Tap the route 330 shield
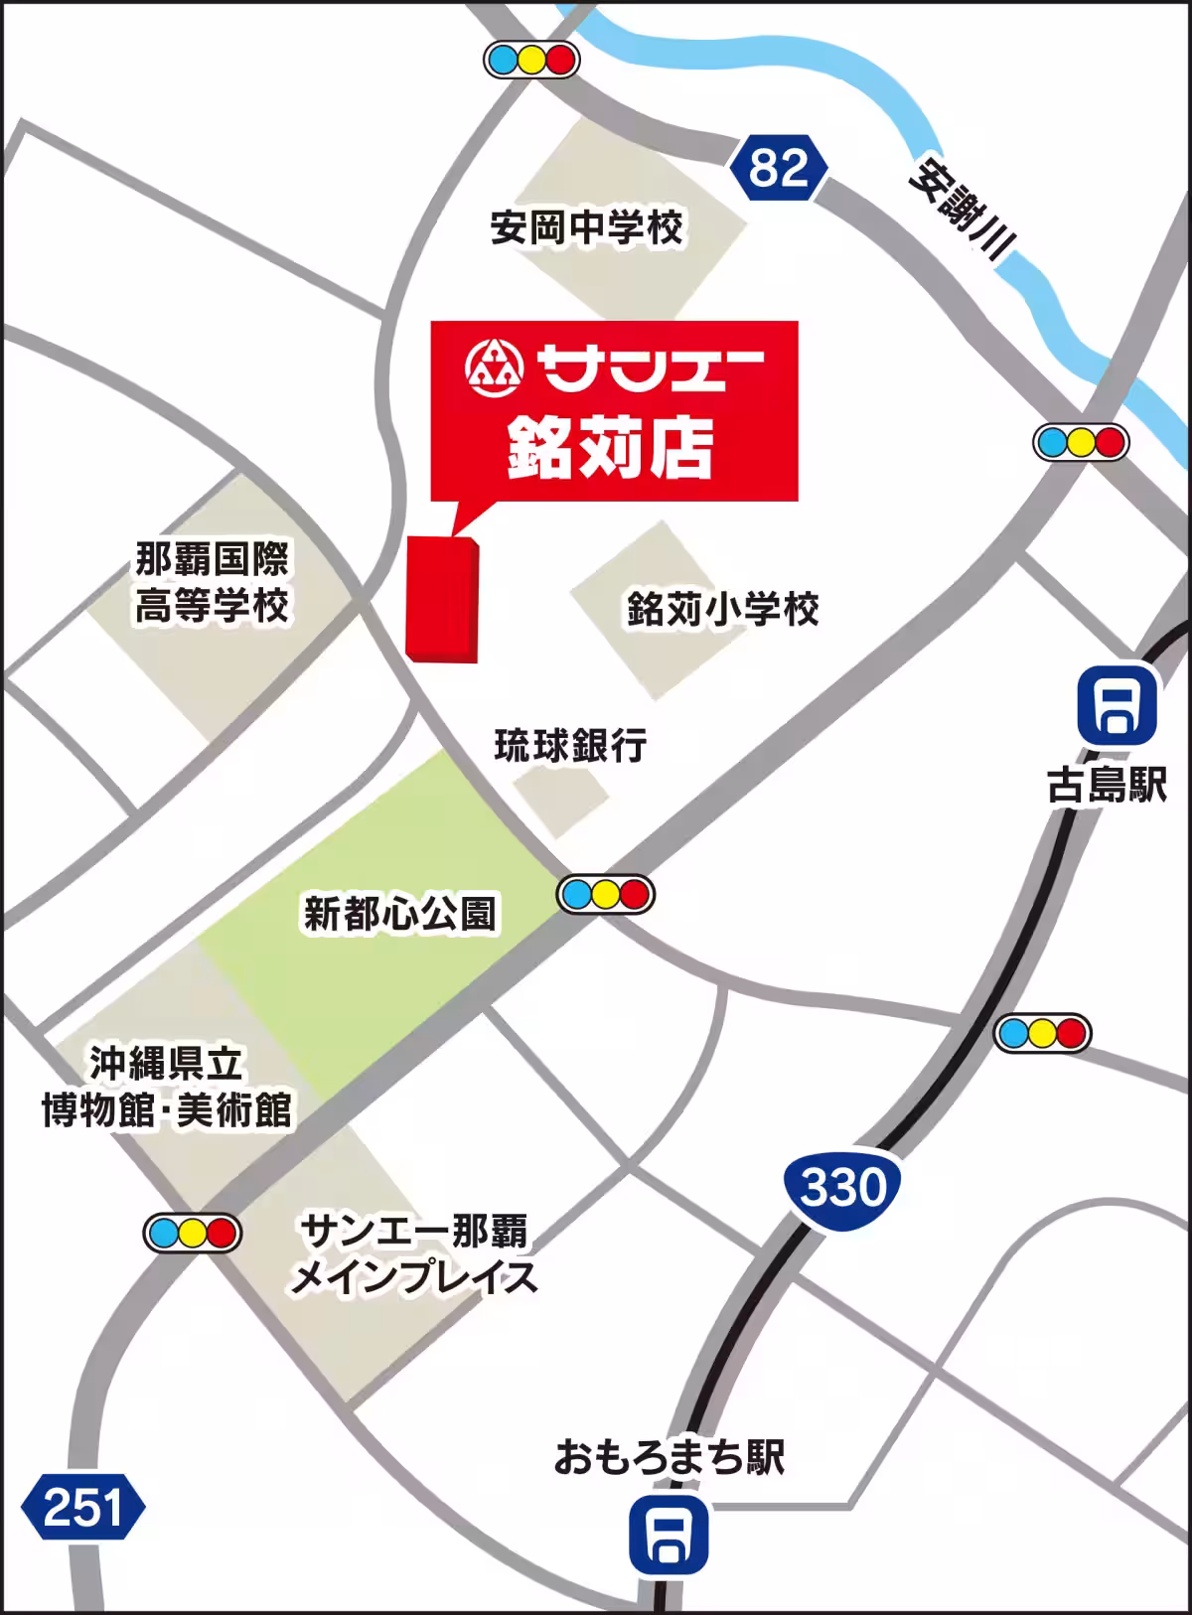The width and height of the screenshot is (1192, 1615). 842,1186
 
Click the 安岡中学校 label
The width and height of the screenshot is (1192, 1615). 587,228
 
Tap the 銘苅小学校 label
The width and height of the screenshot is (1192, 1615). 722,608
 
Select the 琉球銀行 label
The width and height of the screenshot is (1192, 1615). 570,744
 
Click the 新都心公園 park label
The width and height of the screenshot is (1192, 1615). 399,914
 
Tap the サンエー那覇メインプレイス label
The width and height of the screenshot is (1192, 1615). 414,1254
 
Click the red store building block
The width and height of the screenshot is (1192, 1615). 443,599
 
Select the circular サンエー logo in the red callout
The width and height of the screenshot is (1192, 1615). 493,366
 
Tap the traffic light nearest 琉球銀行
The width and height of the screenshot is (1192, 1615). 606,895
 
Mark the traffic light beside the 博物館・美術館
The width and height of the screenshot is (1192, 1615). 193,1233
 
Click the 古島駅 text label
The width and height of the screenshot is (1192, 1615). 1107,786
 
